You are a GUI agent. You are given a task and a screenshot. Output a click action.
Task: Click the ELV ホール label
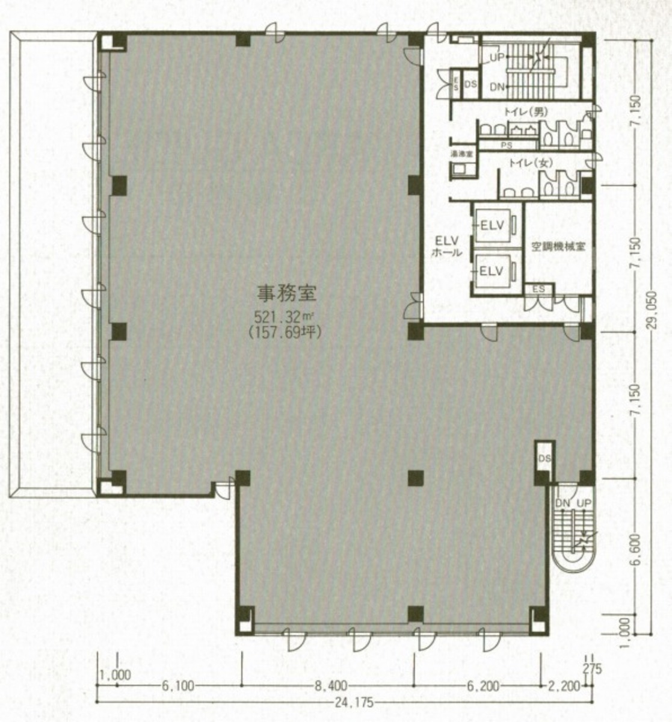(446, 246)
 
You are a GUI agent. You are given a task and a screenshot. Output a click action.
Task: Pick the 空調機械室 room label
(559, 246)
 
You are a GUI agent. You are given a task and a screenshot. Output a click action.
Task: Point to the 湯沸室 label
(462, 154)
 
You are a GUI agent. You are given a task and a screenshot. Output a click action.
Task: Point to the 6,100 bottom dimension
(178, 685)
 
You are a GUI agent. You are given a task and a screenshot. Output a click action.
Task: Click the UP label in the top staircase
(496, 58)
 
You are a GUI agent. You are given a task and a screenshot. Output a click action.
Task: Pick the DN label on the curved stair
(563, 503)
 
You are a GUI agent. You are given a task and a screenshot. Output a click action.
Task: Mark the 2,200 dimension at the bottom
(564, 685)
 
